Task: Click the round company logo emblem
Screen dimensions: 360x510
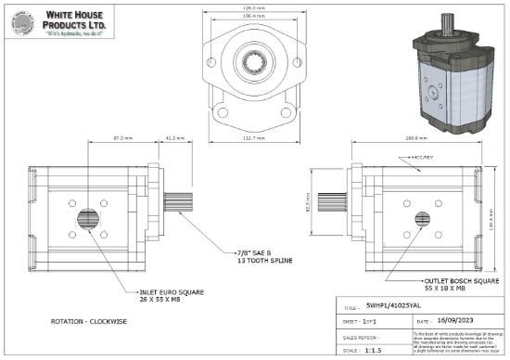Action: tap(20, 24)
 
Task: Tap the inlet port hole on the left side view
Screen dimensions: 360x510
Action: tap(89, 220)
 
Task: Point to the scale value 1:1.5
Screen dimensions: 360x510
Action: tap(374, 351)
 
